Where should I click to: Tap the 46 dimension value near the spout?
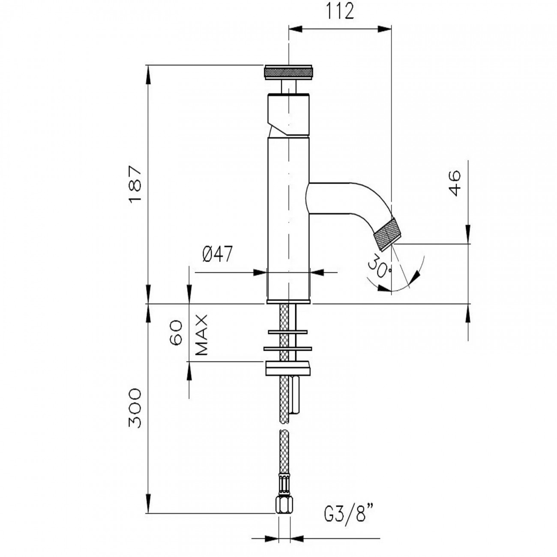(455, 183)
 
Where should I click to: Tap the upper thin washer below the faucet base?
(287, 332)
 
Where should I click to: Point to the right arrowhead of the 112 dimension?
(386, 29)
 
